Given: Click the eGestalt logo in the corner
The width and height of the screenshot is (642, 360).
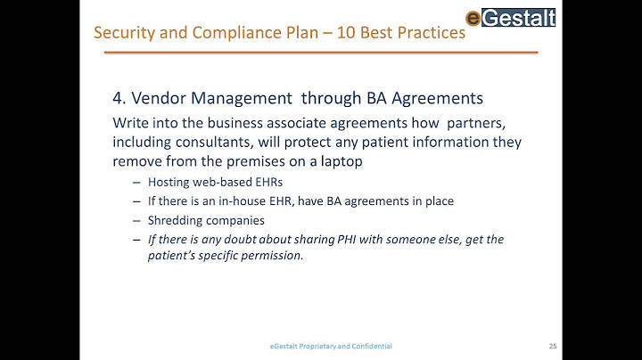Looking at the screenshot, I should click(511, 16).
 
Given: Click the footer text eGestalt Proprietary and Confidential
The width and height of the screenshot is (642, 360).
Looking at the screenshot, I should click(332, 346).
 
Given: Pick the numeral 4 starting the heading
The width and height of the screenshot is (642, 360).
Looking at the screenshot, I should click(118, 99).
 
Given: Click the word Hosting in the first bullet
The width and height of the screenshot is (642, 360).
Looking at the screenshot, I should click(169, 182).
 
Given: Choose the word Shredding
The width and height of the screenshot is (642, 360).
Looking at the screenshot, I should click(177, 220).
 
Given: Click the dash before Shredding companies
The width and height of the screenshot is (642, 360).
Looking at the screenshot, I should click(136, 220).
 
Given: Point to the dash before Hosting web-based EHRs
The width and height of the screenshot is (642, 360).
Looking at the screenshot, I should click(136, 182).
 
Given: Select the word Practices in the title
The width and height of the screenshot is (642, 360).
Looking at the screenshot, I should click(431, 33).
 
